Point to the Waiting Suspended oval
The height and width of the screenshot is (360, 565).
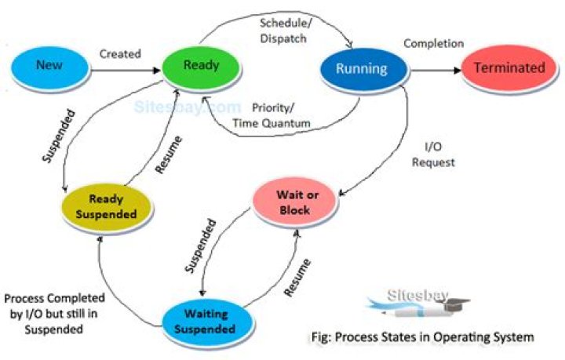(x=206, y=319)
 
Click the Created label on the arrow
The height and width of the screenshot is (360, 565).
(x=120, y=54)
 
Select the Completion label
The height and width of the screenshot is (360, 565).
(x=433, y=43)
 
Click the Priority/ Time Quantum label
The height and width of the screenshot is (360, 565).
(x=271, y=115)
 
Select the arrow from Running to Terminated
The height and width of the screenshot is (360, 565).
(x=436, y=70)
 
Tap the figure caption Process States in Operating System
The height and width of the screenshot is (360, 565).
(x=420, y=338)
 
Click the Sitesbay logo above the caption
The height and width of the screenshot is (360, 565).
(x=420, y=304)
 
